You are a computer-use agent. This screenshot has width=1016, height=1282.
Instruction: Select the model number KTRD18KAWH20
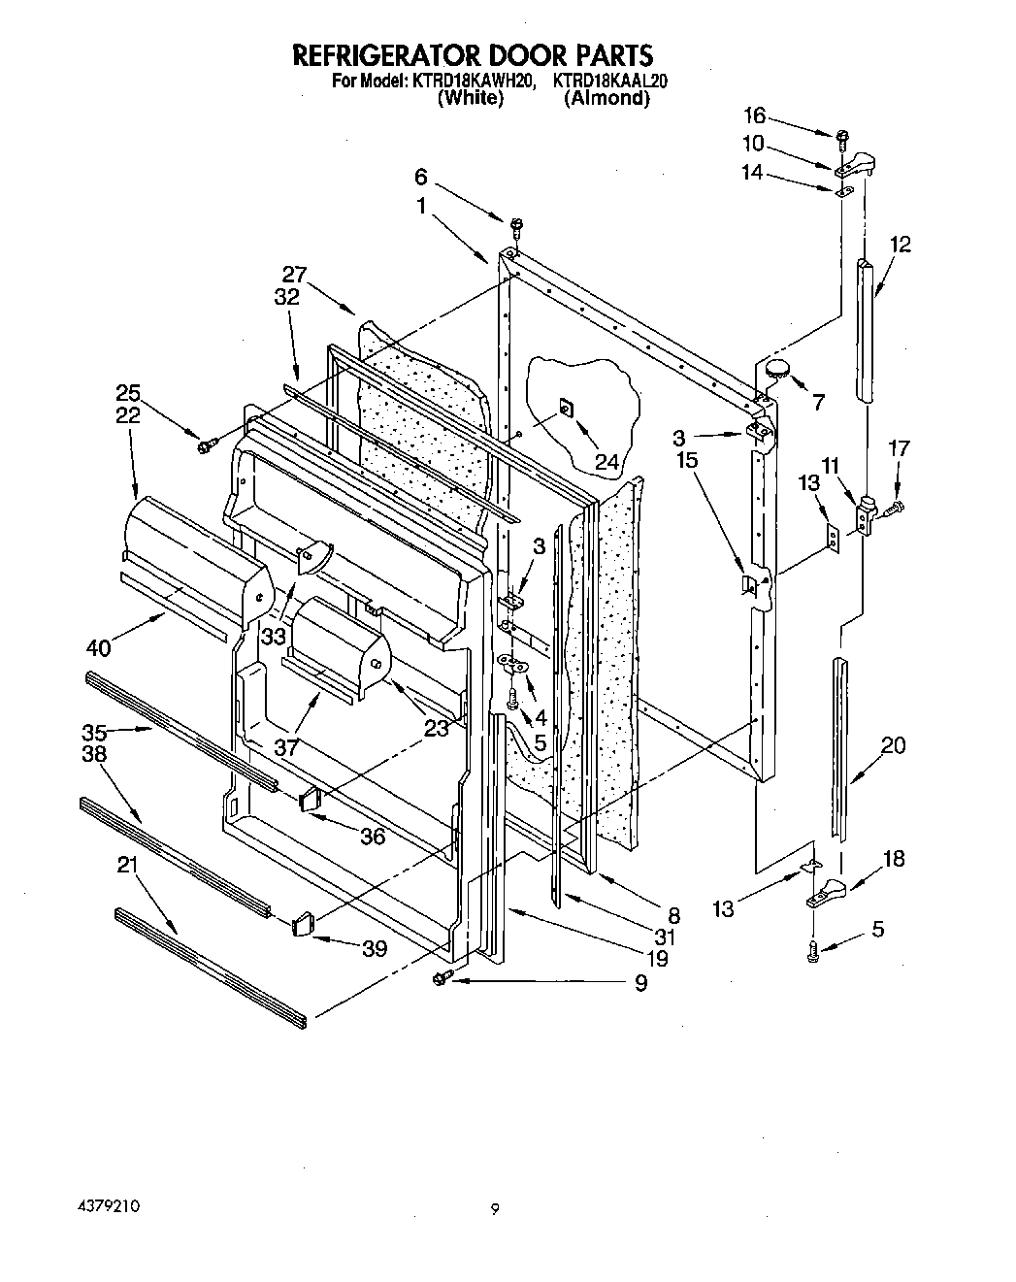(473, 82)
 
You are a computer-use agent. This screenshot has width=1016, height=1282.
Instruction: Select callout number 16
(753, 115)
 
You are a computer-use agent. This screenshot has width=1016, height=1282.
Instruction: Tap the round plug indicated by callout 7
(777, 368)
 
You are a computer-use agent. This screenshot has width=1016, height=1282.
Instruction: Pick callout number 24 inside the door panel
(606, 463)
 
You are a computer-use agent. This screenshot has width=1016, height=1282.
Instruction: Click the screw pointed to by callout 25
(205, 446)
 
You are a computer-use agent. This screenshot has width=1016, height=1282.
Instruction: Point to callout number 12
(900, 244)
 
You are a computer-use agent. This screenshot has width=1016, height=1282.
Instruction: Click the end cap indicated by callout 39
(302, 924)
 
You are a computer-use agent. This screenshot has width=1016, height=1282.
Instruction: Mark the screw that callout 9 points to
(441, 979)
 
